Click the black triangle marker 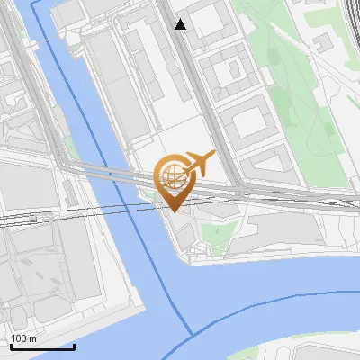coord(180,24)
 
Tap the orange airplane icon coord(200,164)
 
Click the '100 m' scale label coord(23,338)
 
